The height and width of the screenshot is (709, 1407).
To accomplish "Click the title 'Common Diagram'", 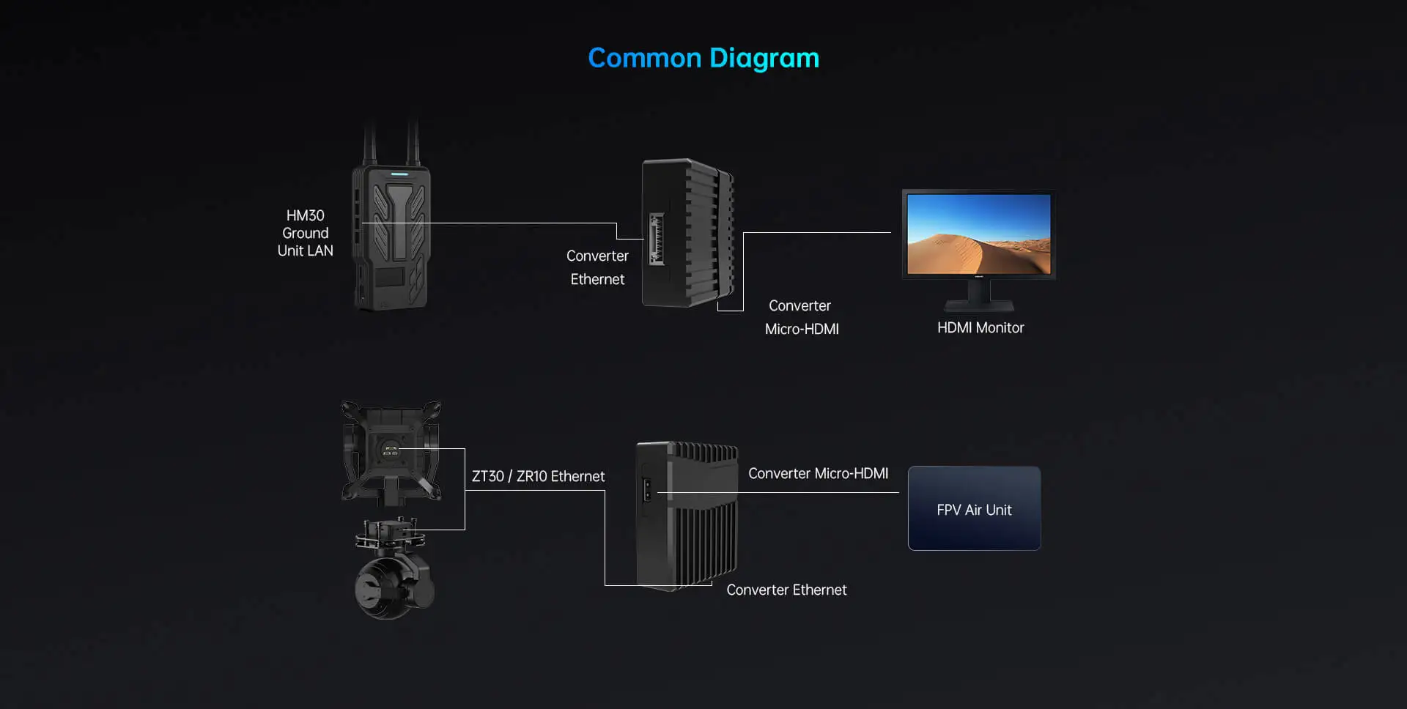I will [x=703, y=58].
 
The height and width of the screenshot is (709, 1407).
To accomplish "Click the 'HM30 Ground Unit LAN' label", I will [x=305, y=233].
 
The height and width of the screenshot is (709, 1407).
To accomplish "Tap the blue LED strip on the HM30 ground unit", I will [x=399, y=174].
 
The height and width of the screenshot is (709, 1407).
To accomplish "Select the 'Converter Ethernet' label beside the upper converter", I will [x=597, y=267].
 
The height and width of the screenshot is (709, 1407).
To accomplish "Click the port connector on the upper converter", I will [x=656, y=239].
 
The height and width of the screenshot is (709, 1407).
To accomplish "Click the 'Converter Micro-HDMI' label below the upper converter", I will [x=801, y=317].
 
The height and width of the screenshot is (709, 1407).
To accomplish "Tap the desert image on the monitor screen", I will [x=978, y=234].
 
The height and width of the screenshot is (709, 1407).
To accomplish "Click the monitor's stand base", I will [x=979, y=305].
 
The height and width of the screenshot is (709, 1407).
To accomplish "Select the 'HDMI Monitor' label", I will [x=980, y=328].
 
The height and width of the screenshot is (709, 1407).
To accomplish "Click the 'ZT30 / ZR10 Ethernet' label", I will [x=538, y=476].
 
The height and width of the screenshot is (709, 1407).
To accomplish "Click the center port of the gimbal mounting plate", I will [x=390, y=450].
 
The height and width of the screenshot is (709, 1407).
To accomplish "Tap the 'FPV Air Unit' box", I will [x=974, y=508].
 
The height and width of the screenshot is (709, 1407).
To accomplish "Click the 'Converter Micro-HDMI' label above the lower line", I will [x=818, y=474].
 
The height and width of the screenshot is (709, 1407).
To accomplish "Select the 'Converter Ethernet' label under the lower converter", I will [x=786, y=590].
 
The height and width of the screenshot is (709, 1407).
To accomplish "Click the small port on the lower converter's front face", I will [x=646, y=489].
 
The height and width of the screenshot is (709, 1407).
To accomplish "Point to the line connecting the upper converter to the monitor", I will [x=817, y=233].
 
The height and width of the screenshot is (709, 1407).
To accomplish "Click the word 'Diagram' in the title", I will [x=764, y=58].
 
